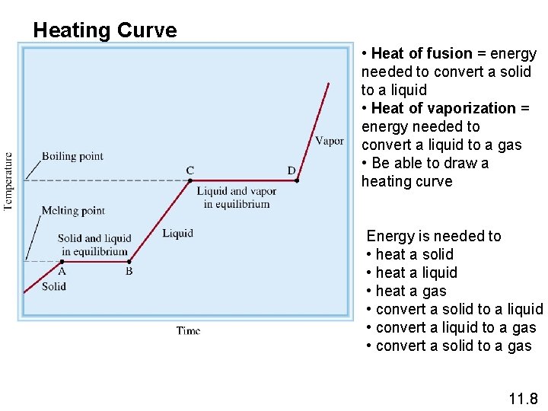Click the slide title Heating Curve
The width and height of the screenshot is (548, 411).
click(105, 30)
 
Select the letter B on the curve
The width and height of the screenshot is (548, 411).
click(129, 271)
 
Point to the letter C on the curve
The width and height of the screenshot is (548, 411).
click(190, 170)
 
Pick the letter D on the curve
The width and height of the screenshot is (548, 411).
click(292, 170)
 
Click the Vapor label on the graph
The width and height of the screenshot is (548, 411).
click(329, 140)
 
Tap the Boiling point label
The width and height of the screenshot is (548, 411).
click(72, 156)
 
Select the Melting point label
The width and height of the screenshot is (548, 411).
click(73, 210)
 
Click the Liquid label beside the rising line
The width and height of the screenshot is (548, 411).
click(177, 233)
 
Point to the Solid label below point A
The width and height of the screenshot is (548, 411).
click(54, 286)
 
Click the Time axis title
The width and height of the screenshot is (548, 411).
click(188, 330)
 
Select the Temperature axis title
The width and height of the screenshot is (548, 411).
click(8, 180)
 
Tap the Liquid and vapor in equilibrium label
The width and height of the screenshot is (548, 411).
click(236, 197)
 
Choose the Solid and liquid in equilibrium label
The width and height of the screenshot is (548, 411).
click(94, 245)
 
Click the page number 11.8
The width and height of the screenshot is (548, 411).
click(523, 399)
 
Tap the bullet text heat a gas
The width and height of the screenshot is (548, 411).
click(411, 291)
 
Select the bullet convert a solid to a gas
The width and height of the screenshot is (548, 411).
click(454, 346)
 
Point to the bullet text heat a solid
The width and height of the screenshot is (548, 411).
click(414, 254)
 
